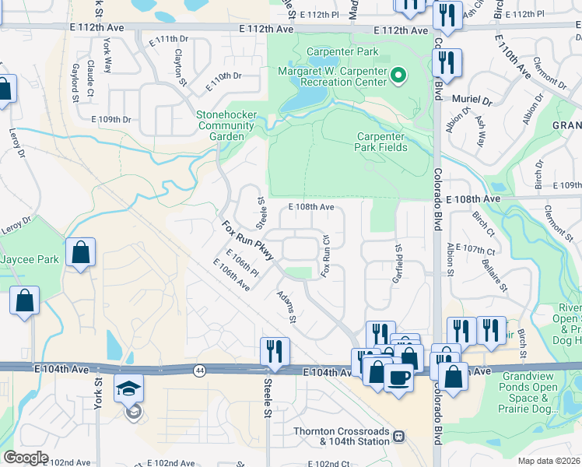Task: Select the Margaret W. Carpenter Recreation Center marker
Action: (x=398, y=75)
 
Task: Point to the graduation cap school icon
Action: (x=129, y=388)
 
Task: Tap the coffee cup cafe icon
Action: (x=398, y=378)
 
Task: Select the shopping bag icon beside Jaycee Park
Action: (x=81, y=252)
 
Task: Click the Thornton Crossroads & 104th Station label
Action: (x=340, y=437)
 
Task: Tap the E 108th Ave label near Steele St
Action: (x=311, y=208)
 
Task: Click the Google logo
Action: (x=25, y=458)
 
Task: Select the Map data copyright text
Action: (x=549, y=461)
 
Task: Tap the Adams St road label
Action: (x=287, y=307)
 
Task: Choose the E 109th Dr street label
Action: (x=110, y=120)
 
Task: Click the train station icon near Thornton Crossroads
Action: (x=398, y=437)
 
